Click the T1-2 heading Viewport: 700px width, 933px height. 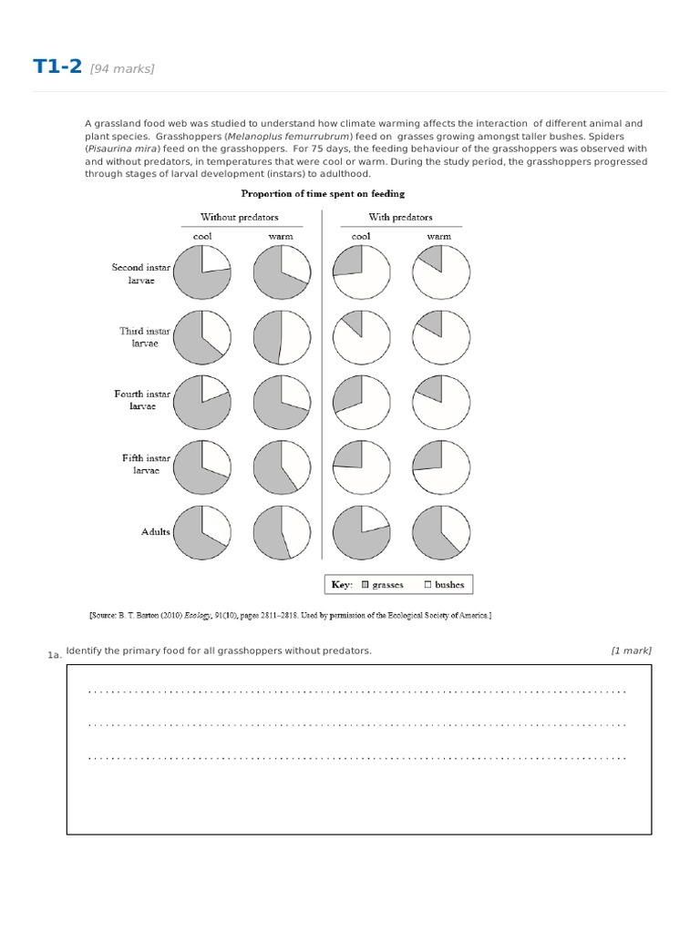click(x=57, y=67)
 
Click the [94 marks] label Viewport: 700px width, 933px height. click(x=122, y=69)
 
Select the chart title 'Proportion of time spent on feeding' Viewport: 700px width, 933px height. click(x=323, y=193)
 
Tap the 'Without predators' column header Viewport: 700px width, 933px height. click(x=240, y=218)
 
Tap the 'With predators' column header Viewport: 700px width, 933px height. click(x=400, y=218)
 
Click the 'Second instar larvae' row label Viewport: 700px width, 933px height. click(x=140, y=274)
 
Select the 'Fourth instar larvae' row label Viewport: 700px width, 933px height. click(x=141, y=400)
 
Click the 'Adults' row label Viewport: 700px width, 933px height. click(x=155, y=531)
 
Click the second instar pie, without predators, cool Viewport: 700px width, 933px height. click(x=201, y=272)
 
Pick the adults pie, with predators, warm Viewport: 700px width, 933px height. click(x=441, y=532)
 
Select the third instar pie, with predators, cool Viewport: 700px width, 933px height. click(x=362, y=337)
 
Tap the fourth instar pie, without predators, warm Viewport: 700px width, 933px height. click(x=282, y=402)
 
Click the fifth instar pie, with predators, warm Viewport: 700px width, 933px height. click(x=441, y=466)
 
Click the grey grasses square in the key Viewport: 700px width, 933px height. click(x=365, y=585)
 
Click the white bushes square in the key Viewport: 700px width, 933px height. click(x=427, y=585)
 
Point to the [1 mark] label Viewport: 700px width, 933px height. click(x=631, y=651)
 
